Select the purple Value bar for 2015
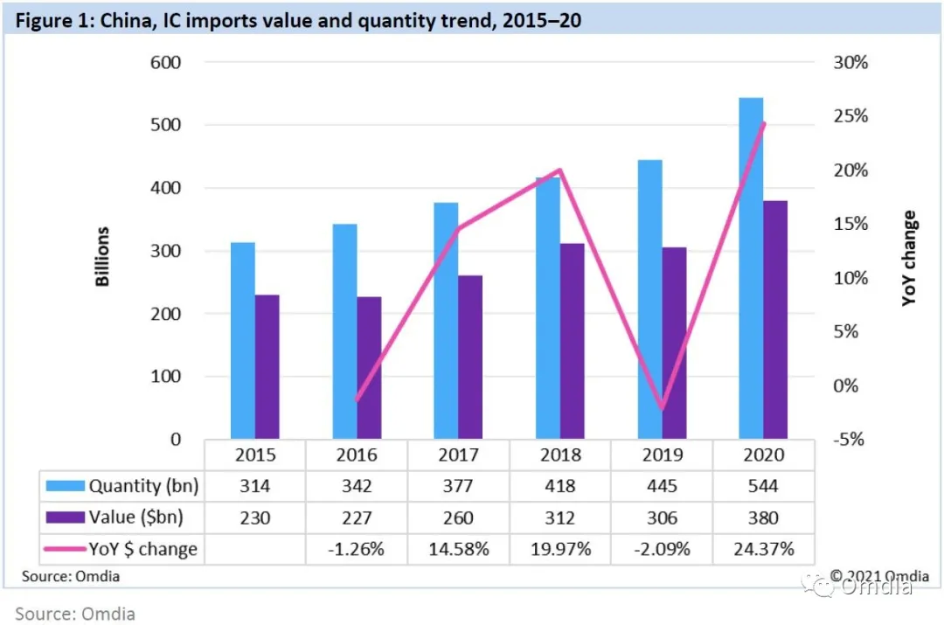(x=267, y=367)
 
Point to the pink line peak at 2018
(x=560, y=170)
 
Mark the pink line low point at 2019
(x=662, y=408)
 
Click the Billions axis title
(x=103, y=257)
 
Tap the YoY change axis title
(x=910, y=258)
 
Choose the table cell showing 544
(x=763, y=486)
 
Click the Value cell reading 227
(x=357, y=517)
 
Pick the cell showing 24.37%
(x=763, y=549)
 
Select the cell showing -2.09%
(x=662, y=549)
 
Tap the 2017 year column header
(x=458, y=455)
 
